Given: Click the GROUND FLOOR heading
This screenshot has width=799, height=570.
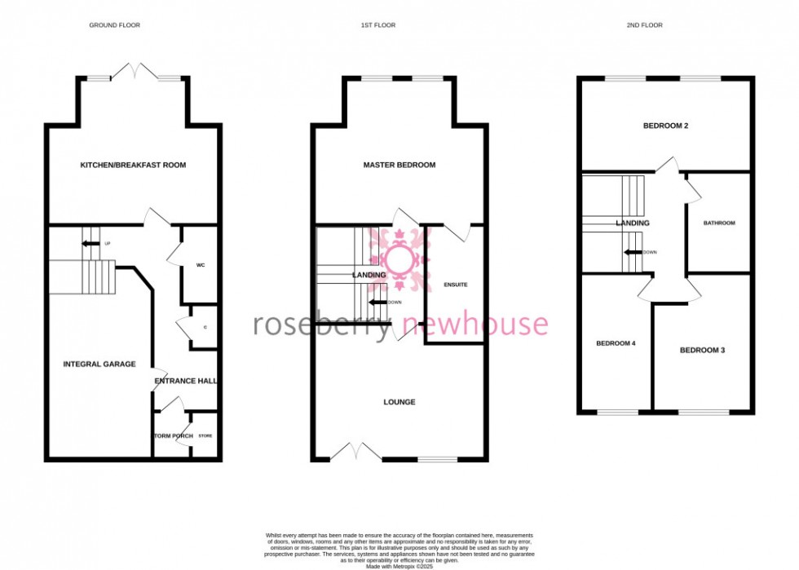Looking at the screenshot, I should point(114,25).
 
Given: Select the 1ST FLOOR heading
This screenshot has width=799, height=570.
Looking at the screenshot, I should point(378,25).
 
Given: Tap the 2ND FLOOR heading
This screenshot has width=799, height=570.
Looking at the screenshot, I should point(645,25).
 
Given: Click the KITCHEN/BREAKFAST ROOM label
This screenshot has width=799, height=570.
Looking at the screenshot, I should point(133,165).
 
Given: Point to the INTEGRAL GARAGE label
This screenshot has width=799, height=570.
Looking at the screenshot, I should point(99,364).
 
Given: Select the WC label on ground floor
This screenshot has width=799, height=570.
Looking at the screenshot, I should point(200,265).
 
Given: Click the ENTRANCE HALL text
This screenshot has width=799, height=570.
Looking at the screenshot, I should point(185,380).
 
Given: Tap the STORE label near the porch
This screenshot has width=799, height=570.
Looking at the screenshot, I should point(205,435).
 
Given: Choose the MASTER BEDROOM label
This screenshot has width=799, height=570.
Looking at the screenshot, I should point(399,165).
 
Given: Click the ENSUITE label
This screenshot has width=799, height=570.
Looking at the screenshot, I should point(455,285).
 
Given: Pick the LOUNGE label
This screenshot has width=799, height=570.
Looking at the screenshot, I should point(399,402).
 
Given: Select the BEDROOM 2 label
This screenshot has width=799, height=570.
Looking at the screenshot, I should point(666,126).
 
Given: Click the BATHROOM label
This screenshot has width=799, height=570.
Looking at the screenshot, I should point(719,223).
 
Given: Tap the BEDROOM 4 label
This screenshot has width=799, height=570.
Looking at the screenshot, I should point(616,343).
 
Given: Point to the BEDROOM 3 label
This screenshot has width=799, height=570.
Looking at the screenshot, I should point(702,350).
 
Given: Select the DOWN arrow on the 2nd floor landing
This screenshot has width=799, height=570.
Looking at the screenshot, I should point(633,252).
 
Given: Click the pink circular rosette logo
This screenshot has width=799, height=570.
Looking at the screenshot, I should point(399,259).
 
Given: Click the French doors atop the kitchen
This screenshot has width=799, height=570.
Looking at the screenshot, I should point(135,72).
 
